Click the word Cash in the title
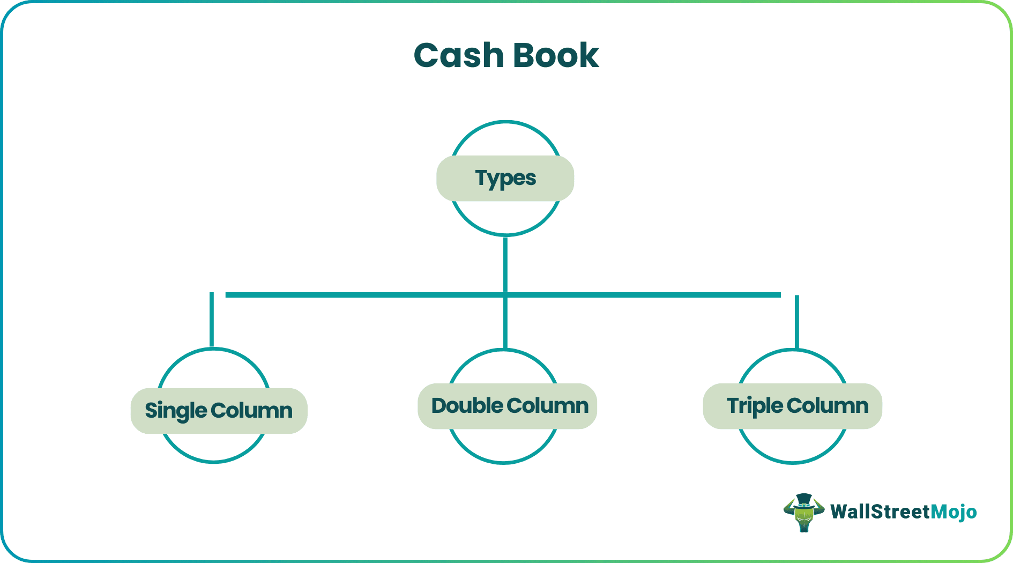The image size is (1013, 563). (x=459, y=55)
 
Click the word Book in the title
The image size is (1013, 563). (x=556, y=55)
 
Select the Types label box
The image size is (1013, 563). (x=505, y=179)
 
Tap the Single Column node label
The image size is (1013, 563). (x=219, y=411)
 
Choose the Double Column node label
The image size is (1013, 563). (x=508, y=406)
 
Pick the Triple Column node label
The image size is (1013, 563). (x=793, y=406)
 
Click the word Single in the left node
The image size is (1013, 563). (x=176, y=411)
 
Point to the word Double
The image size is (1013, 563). (x=466, y=406)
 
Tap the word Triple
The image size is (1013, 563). (x=755, y=406)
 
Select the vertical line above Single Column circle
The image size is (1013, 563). (x=212, y=319)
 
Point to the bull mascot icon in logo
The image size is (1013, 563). (x=803, y=513)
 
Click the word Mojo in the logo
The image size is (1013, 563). (x=954, y=512)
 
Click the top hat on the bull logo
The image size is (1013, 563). (x=803, y=500)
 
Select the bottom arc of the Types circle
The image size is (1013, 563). (x=505, y=234)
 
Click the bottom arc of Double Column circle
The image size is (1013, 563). (x=504, y=462)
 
